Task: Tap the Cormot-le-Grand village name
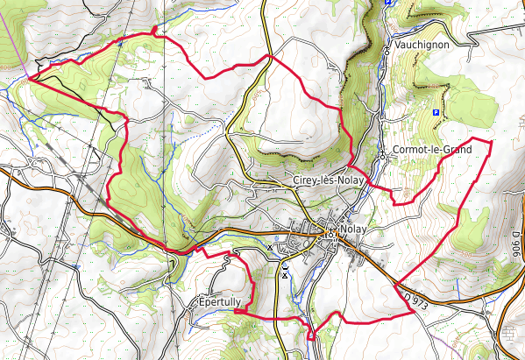click(432, 150)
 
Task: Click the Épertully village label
click(219, 302)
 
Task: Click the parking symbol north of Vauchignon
click(387, 4)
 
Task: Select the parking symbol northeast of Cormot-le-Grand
click(436, 112)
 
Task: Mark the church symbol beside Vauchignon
click(387, 50)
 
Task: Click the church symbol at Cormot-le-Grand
click(383, 156)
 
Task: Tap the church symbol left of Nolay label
click(329, 233)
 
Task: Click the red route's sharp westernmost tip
click(28, 78)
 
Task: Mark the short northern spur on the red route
click(155, 31)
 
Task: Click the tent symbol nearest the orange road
click(270, 248)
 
